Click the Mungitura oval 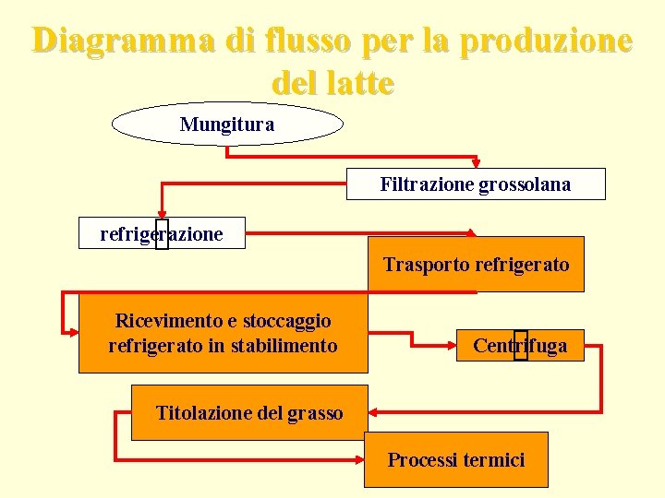227,124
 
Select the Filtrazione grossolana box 476,184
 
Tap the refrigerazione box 163,233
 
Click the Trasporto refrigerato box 476,265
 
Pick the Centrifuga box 520,346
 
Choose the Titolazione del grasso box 249,412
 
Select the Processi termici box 455,459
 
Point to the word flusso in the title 310,41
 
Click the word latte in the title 357,83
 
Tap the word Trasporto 426,265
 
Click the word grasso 314,412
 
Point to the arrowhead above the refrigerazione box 162,213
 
